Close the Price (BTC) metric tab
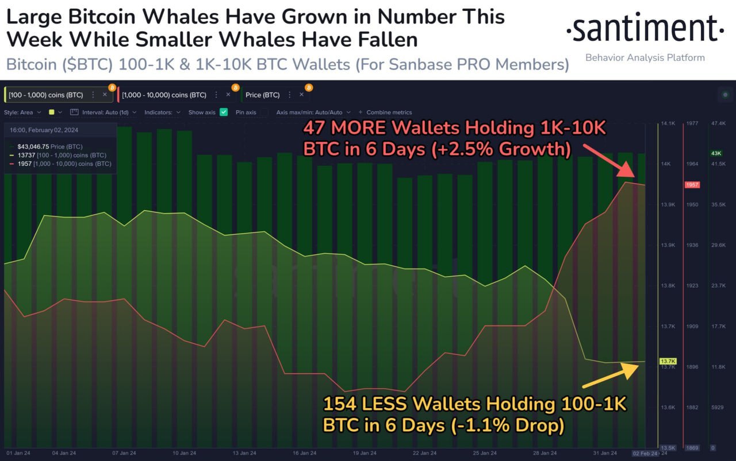301,95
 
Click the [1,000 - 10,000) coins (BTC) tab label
164,95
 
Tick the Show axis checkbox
224,112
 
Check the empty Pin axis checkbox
264,112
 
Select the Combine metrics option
389,112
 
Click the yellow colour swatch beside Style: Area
52,112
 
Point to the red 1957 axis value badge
691,185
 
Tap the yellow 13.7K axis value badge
668,361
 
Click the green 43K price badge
716,153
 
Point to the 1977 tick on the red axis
692,123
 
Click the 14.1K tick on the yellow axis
668,123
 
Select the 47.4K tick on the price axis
718,123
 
